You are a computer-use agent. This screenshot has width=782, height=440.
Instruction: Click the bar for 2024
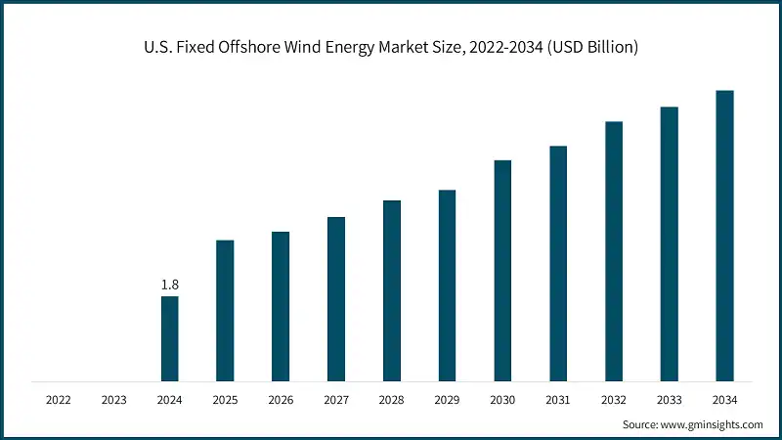tap(169, 338)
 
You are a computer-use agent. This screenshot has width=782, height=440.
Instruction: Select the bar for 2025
tap(225, 310)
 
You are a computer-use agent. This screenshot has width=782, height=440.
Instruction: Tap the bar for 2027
tap(336, 298)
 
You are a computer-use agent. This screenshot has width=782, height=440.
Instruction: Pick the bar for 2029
tap(447, 285)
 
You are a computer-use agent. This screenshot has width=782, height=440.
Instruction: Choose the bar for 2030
tap(502, 270)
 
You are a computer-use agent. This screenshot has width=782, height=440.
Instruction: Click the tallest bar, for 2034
tap(724, 235)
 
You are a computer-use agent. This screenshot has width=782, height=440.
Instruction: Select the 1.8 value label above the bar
tap(169, 285)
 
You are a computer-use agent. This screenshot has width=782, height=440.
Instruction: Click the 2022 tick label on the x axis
tap(59, 400)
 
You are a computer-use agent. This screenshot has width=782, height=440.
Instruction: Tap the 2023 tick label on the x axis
tap(113, 400)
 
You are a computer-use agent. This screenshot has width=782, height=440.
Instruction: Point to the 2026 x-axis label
tap(281, 400)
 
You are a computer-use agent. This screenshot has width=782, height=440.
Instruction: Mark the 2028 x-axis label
tap(391, 400)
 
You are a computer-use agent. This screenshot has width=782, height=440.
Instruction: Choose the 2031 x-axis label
tap(557, 400)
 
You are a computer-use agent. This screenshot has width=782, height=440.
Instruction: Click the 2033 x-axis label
tap(669, 400)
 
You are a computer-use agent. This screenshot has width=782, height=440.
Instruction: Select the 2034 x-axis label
tap(724, 400)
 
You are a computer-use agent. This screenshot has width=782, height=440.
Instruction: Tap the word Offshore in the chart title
tap(258, 47)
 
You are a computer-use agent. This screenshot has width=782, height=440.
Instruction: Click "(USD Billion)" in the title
tap(593, 47)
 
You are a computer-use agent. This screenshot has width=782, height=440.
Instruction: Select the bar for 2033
tap(669, 243)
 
